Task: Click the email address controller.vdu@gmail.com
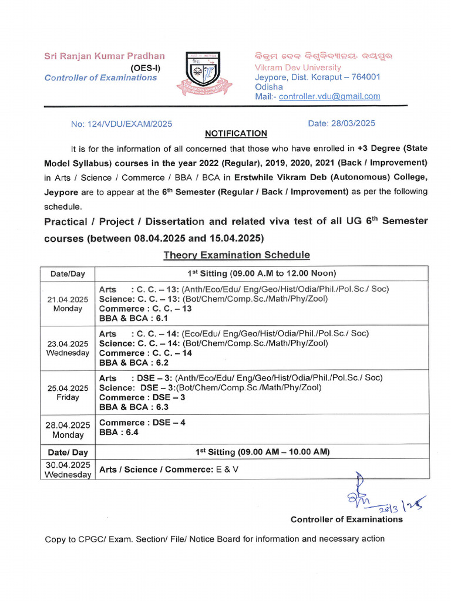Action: [x=329, y=96]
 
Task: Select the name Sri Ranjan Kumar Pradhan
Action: [x=105, y=56]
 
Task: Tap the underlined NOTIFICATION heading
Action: [x=235, y=134]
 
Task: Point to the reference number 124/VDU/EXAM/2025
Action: [x=122, y=124]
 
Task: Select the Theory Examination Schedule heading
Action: [x=236, y=255]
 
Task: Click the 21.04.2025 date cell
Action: [x=68, y=304]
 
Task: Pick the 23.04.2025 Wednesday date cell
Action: [x=68, y=348]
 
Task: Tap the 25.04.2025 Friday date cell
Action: [x=68, y=393]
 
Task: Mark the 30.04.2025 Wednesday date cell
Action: [x=68, y=470]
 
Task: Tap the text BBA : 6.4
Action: [x=119, y=433]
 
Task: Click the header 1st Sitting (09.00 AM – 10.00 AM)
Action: [x=262, y=452]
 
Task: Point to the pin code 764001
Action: [x=364, y=77]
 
